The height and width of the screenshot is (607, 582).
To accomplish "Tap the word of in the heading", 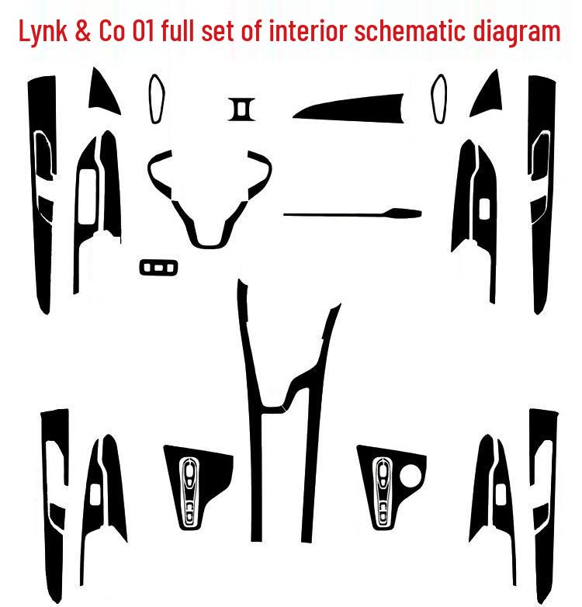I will [x=268, y=32].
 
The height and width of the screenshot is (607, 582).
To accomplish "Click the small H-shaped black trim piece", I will [x=241, y=109].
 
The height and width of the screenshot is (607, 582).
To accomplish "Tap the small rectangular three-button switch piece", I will [x=158, y=267].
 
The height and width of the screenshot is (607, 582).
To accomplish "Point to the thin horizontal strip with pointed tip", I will [x=353, y=212].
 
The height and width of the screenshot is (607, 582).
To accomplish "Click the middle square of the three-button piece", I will [x=158, y=267].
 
